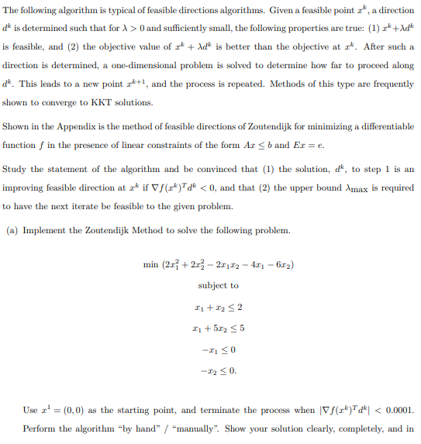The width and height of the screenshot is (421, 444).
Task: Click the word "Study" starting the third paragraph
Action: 14,169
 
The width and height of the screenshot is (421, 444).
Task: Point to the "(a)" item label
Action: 11,230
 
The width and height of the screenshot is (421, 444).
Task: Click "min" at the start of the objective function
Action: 151,265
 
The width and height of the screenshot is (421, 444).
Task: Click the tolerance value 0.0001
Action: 397,410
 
